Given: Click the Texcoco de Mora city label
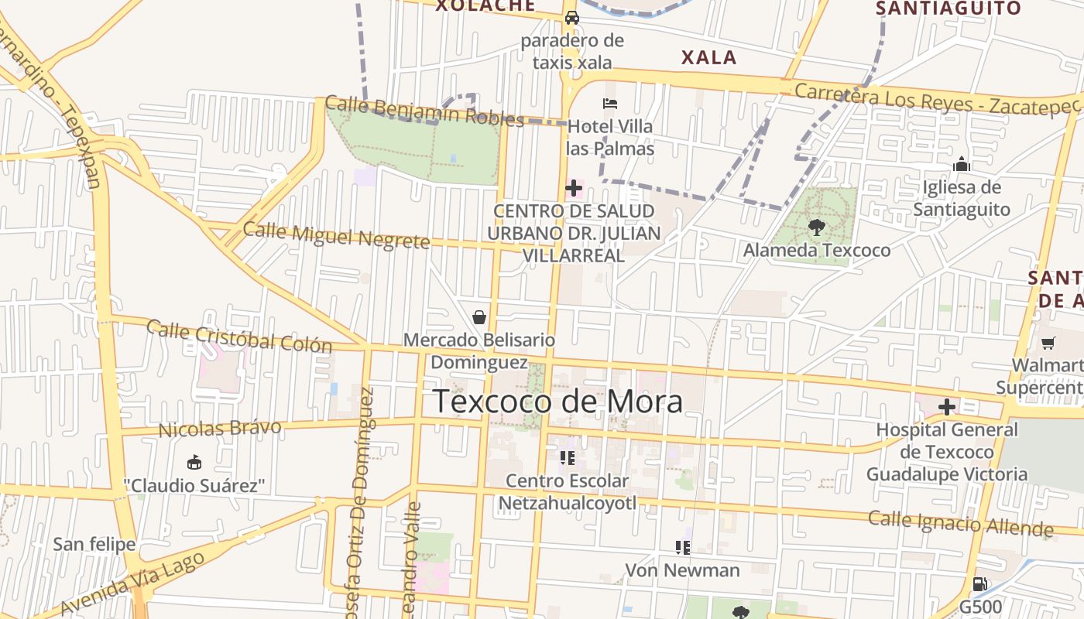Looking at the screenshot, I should [x=557, y=402].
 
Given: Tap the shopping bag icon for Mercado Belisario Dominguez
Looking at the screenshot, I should [x=479, y=317].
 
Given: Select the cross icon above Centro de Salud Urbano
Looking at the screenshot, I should [x=574, y=187].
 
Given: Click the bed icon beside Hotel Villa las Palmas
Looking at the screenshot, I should [x=610, y=104].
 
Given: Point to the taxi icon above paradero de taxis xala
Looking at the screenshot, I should [x=572, y=18].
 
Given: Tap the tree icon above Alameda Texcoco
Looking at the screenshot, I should [x=816, y=227].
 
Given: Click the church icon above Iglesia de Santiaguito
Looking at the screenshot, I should [x=962, y=164].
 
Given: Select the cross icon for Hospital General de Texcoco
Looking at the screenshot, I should [x=946, y=406].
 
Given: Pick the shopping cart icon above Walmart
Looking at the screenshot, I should [x=1048, y=343].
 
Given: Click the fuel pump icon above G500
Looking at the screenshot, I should [x=979, y=584].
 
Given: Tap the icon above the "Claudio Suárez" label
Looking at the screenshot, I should [x=194, y=463].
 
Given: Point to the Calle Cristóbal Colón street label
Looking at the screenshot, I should [x=239, y=336].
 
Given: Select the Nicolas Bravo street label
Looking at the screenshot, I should [x=220, y=428].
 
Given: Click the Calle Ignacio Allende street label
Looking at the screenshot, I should [x=960, y=523].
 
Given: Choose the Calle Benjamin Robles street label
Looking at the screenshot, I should [x=424, y=111].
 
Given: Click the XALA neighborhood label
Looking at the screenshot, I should [x=708, y=57].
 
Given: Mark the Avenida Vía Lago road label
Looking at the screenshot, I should [x=132, y=583].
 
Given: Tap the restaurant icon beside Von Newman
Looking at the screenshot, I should [x=682, y=548].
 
